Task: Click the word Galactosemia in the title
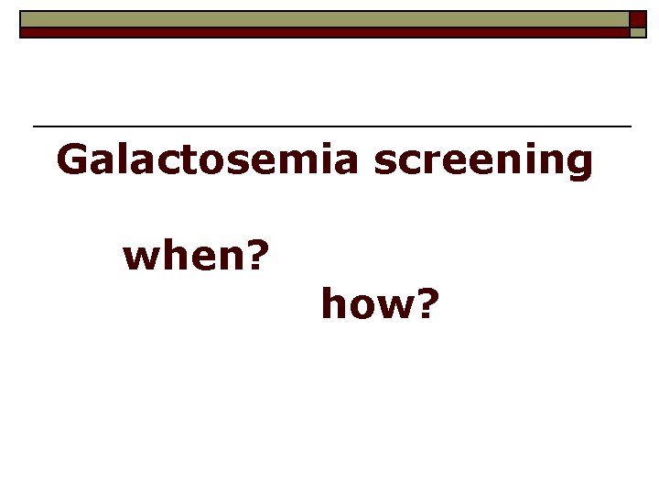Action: coord(209,159)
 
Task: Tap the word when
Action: coord(184,257)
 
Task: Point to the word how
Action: coord(366,303)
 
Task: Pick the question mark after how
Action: coord(426,303)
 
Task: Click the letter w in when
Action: coord(140,259)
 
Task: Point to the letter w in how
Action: coord(392,306)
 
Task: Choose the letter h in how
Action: coord(332,303)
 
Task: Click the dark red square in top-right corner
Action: coord(637,18)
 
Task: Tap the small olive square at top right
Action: coord(637,32)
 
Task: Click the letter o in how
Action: coord(361,306)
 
